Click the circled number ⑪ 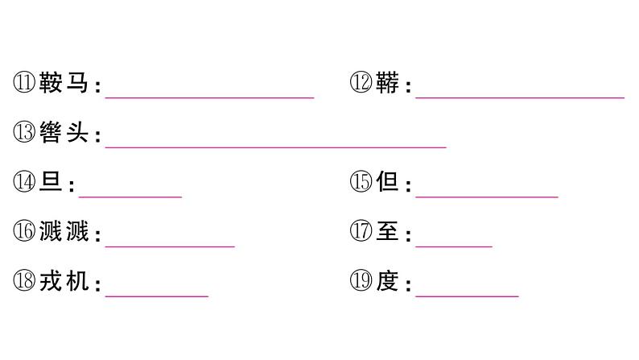[x=24, y=84]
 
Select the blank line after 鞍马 [x=209, y=96]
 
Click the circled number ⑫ [x=361, y=84]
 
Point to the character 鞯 [x=387, y=84]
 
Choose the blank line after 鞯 [x=520, y=96]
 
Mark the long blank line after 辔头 [x=275, y=146]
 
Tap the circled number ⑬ [x=24, y=134]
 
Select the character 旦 [x=51, y=184]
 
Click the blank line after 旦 [x=130, y=195]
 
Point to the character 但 [x=387, y=184]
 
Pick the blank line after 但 [x=486, y=195]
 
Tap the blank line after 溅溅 [x=170, y=245]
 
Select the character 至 [x=387, y=233]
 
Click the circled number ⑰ [x=361, y=233]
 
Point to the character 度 [x=387, y=283]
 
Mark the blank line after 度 [x=467, y=295]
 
